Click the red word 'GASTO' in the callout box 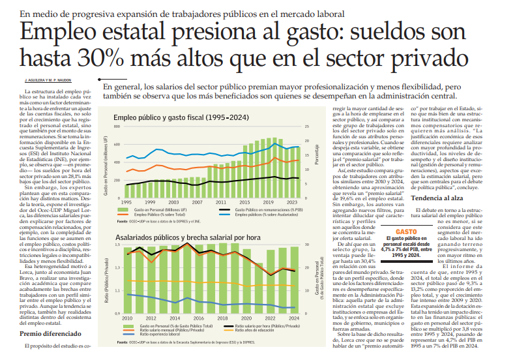[405, 213]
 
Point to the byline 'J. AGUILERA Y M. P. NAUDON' [48, 80]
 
